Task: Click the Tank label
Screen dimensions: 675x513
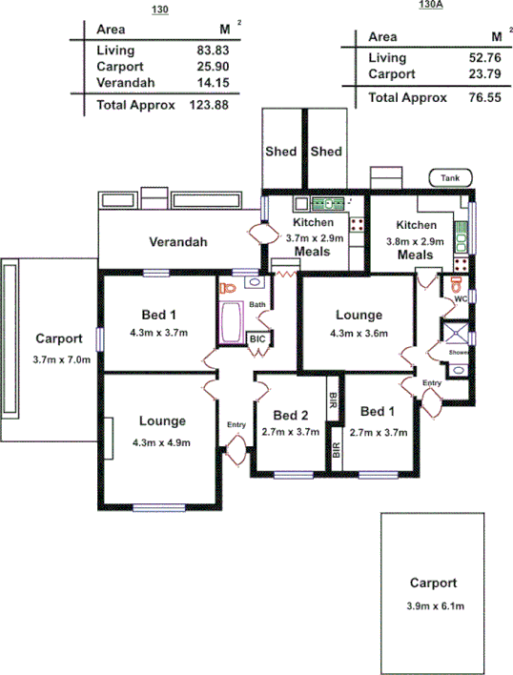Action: [450, 177]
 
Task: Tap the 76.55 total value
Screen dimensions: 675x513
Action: [482, 97]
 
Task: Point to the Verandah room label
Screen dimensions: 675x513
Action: [178, 241]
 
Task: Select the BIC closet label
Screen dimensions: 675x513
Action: [257, 339]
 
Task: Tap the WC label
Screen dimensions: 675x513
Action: [459, 298]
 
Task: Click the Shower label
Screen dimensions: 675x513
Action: [459, 353]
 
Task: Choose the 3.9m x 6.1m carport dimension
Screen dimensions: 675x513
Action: [433, 605]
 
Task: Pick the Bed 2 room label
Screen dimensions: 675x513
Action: [291, 415]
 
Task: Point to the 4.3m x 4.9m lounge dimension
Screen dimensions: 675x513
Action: [161, 442]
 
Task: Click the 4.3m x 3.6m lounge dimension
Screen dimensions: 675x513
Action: [359, 334]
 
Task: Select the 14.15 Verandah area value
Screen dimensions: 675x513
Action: [215, 83]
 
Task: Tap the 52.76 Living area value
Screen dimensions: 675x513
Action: [482, 58]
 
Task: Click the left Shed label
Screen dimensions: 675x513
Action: [282, 151]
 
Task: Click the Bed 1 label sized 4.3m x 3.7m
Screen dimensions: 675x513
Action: [159, 316]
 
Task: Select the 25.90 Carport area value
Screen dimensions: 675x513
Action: [215, 67]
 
